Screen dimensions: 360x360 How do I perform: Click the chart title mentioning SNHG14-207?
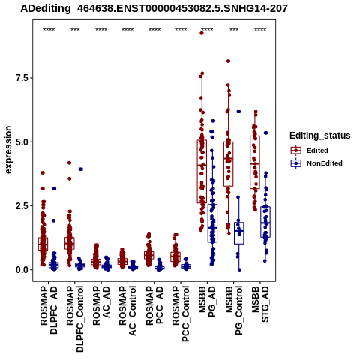(x=154, y=9)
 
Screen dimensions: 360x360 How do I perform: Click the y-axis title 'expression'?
(x=8, y=150)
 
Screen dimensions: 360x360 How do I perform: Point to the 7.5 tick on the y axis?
(x=22, y=78)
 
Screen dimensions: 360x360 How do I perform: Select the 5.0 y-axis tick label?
(x=22, y=142)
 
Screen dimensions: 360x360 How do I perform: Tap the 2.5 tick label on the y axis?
(x=22, y=206)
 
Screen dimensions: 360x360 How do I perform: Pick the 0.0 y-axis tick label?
(x=22, y=270)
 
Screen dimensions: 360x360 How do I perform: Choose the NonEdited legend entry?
(x=316, y=163)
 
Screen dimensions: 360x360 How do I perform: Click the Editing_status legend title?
(x=320, y=136)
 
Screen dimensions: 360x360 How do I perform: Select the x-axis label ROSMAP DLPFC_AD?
(x=49, y=310)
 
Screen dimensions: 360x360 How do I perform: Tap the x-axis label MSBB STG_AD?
(x=260, y=304)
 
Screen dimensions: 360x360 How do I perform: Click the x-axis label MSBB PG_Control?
(x=234, y=310)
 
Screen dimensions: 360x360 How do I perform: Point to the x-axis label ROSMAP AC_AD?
(x=101, y=305)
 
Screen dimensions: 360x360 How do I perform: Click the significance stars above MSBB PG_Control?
(x=234, y=29)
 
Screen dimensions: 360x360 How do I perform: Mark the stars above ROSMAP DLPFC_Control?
(x=75, y=29)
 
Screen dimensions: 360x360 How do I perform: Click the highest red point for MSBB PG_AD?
(x=202, y=33)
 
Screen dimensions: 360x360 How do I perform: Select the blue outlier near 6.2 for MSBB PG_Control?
(x=238, y=111)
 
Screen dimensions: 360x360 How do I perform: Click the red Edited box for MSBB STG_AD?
(x=255, y=163)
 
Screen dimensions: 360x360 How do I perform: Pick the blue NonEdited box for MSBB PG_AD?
(x=212, y=223)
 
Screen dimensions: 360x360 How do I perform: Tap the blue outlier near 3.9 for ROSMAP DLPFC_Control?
(x=80, y=169)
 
